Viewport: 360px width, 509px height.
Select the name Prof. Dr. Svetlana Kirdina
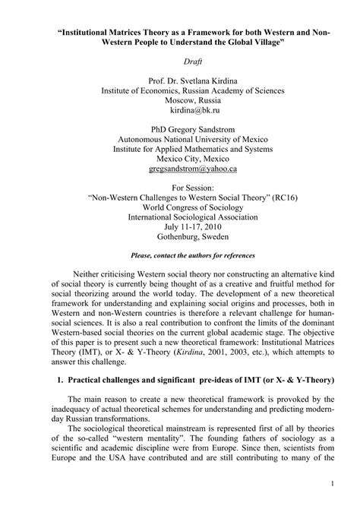point(181,79)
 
